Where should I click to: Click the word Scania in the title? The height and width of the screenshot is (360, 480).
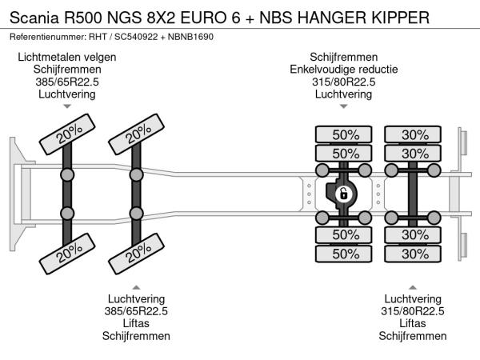[x=33, y=17]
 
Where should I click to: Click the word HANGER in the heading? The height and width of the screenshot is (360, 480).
[x=338, y=17]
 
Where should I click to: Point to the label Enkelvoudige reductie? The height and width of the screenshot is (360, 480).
[x=343, y=69]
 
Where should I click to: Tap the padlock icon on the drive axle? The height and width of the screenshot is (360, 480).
[x=343, y=194]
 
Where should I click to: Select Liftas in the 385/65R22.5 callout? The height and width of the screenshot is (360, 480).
[x=136, y=323]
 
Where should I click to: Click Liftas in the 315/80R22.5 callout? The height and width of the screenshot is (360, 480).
[x=413, y=323]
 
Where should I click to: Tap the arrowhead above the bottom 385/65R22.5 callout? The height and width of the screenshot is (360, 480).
[x=136, y=286]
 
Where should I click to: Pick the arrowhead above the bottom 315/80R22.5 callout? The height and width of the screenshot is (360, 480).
[x=413, y=286]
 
